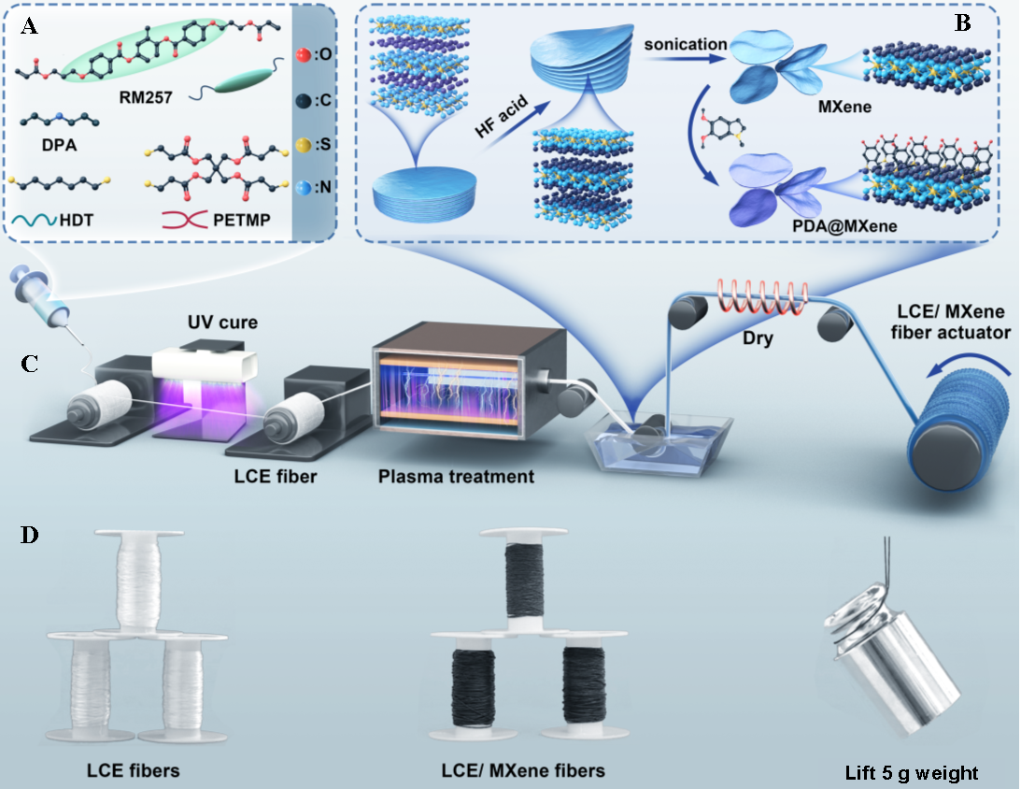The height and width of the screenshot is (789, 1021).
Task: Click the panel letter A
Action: (x=30, y=26)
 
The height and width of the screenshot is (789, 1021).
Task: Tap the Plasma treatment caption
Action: (x=456, y=476)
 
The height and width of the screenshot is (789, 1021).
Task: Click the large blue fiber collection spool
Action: (x=962, y=439)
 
